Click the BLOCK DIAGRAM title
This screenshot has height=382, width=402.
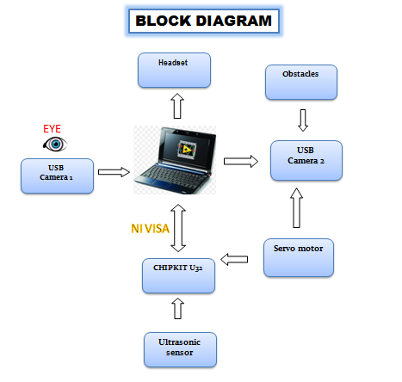(204, 22)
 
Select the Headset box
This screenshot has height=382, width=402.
(175, 70)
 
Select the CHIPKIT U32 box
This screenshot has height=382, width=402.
(177, 274)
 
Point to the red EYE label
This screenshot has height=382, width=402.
(53, 128)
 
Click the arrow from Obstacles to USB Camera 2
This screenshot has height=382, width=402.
(301, 117)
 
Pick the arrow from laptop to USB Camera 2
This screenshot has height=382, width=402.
(241, 160)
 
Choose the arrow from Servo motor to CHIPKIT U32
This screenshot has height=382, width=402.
(237, 258)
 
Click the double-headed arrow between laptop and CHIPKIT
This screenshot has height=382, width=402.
(178, 227)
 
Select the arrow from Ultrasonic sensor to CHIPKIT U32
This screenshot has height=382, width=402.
(177, 309)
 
